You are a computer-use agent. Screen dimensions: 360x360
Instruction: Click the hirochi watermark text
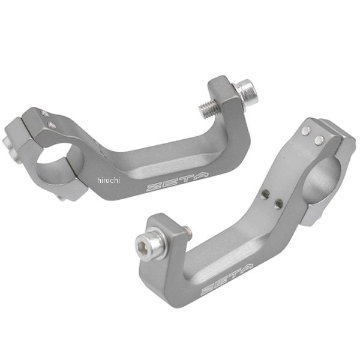coord(108,179)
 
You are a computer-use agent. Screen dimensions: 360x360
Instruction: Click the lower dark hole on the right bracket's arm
coord(277,204)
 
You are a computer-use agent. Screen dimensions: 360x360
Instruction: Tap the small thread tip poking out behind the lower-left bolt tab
coord(188,228)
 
